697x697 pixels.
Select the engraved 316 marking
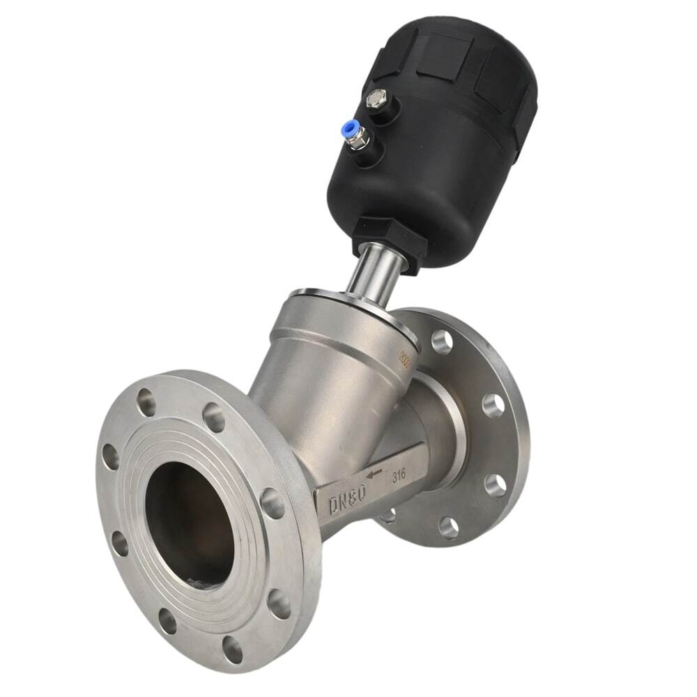[x=399, y=475]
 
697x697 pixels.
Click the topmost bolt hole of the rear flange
[x=442, y=341]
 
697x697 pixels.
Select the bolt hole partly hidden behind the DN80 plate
[x=388, y=516]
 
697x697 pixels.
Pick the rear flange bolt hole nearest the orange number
[x=442, y=341]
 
